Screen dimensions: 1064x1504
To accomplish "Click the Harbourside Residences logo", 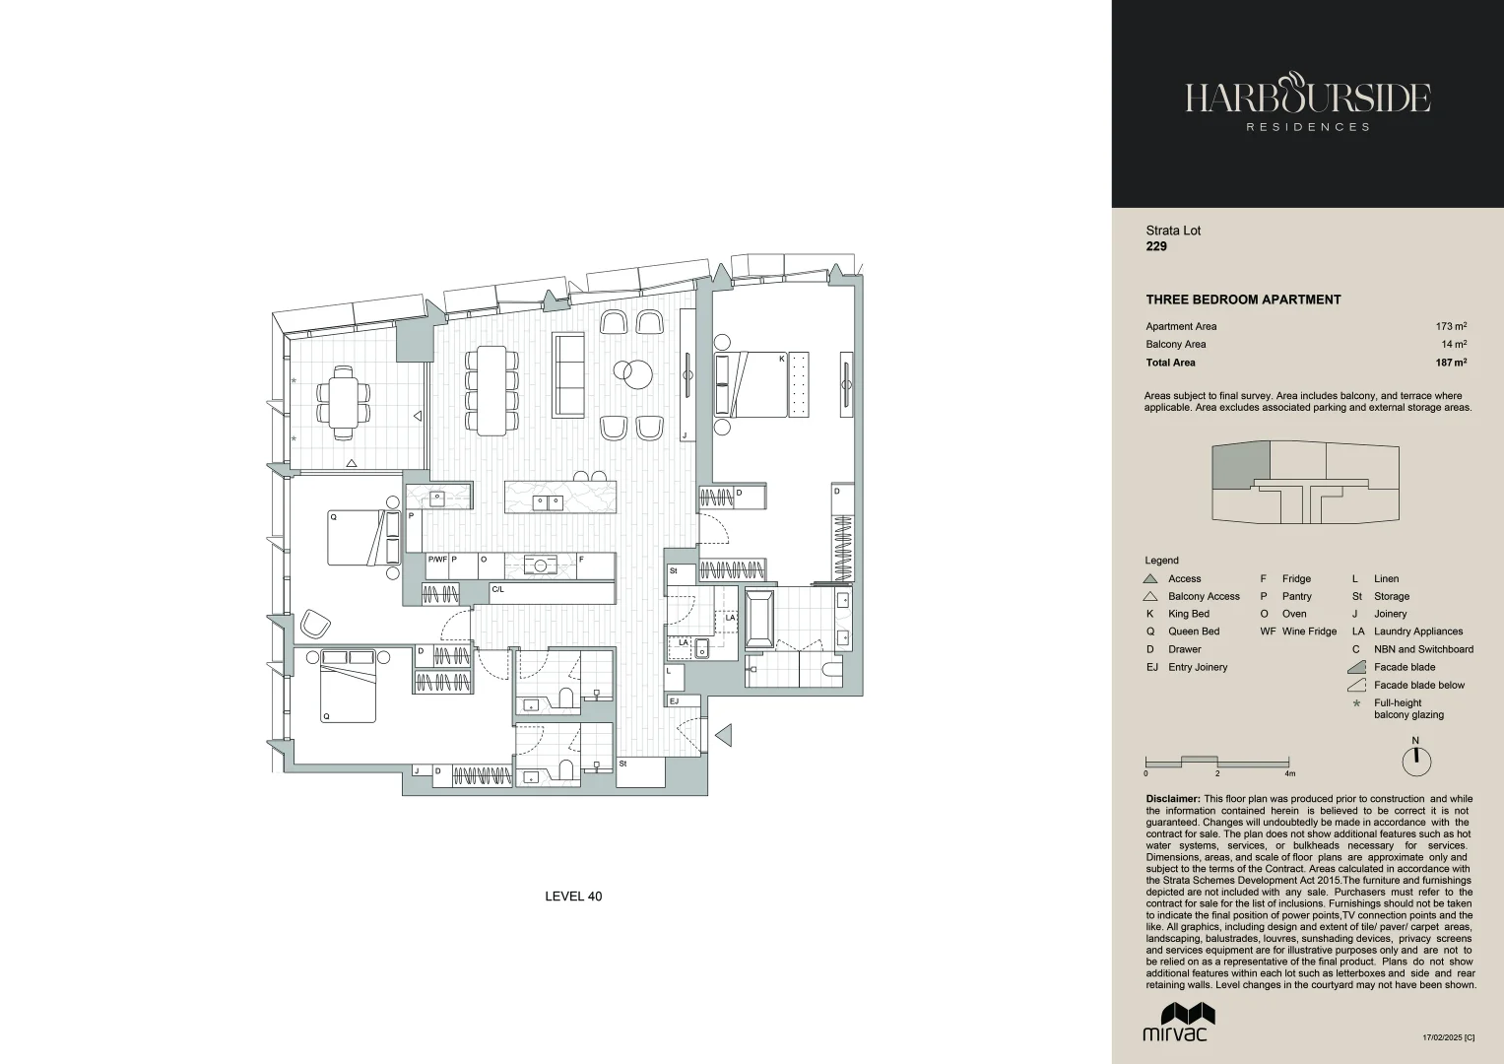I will point(1307,103).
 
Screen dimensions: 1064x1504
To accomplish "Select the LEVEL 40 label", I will point(573,897).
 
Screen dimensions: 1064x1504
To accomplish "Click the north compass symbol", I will point(1415,761).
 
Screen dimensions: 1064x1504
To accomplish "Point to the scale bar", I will point(1217,762).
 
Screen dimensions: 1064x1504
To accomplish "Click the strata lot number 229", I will point(1156,246).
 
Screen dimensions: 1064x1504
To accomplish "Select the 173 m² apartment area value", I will point(1451,326).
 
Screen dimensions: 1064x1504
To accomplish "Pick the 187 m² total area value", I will point(1450,363).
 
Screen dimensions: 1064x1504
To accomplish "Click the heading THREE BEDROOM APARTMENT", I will point(1243,299).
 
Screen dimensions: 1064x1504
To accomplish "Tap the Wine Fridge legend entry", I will point(1298,632).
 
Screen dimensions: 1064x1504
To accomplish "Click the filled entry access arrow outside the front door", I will point(723,734).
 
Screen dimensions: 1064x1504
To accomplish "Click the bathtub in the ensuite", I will point(759,619).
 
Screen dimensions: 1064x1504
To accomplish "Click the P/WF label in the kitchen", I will point(437,559).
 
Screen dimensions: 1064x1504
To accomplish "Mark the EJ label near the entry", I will point(674,701).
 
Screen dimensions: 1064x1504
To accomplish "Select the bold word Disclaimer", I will point(1172,799).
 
